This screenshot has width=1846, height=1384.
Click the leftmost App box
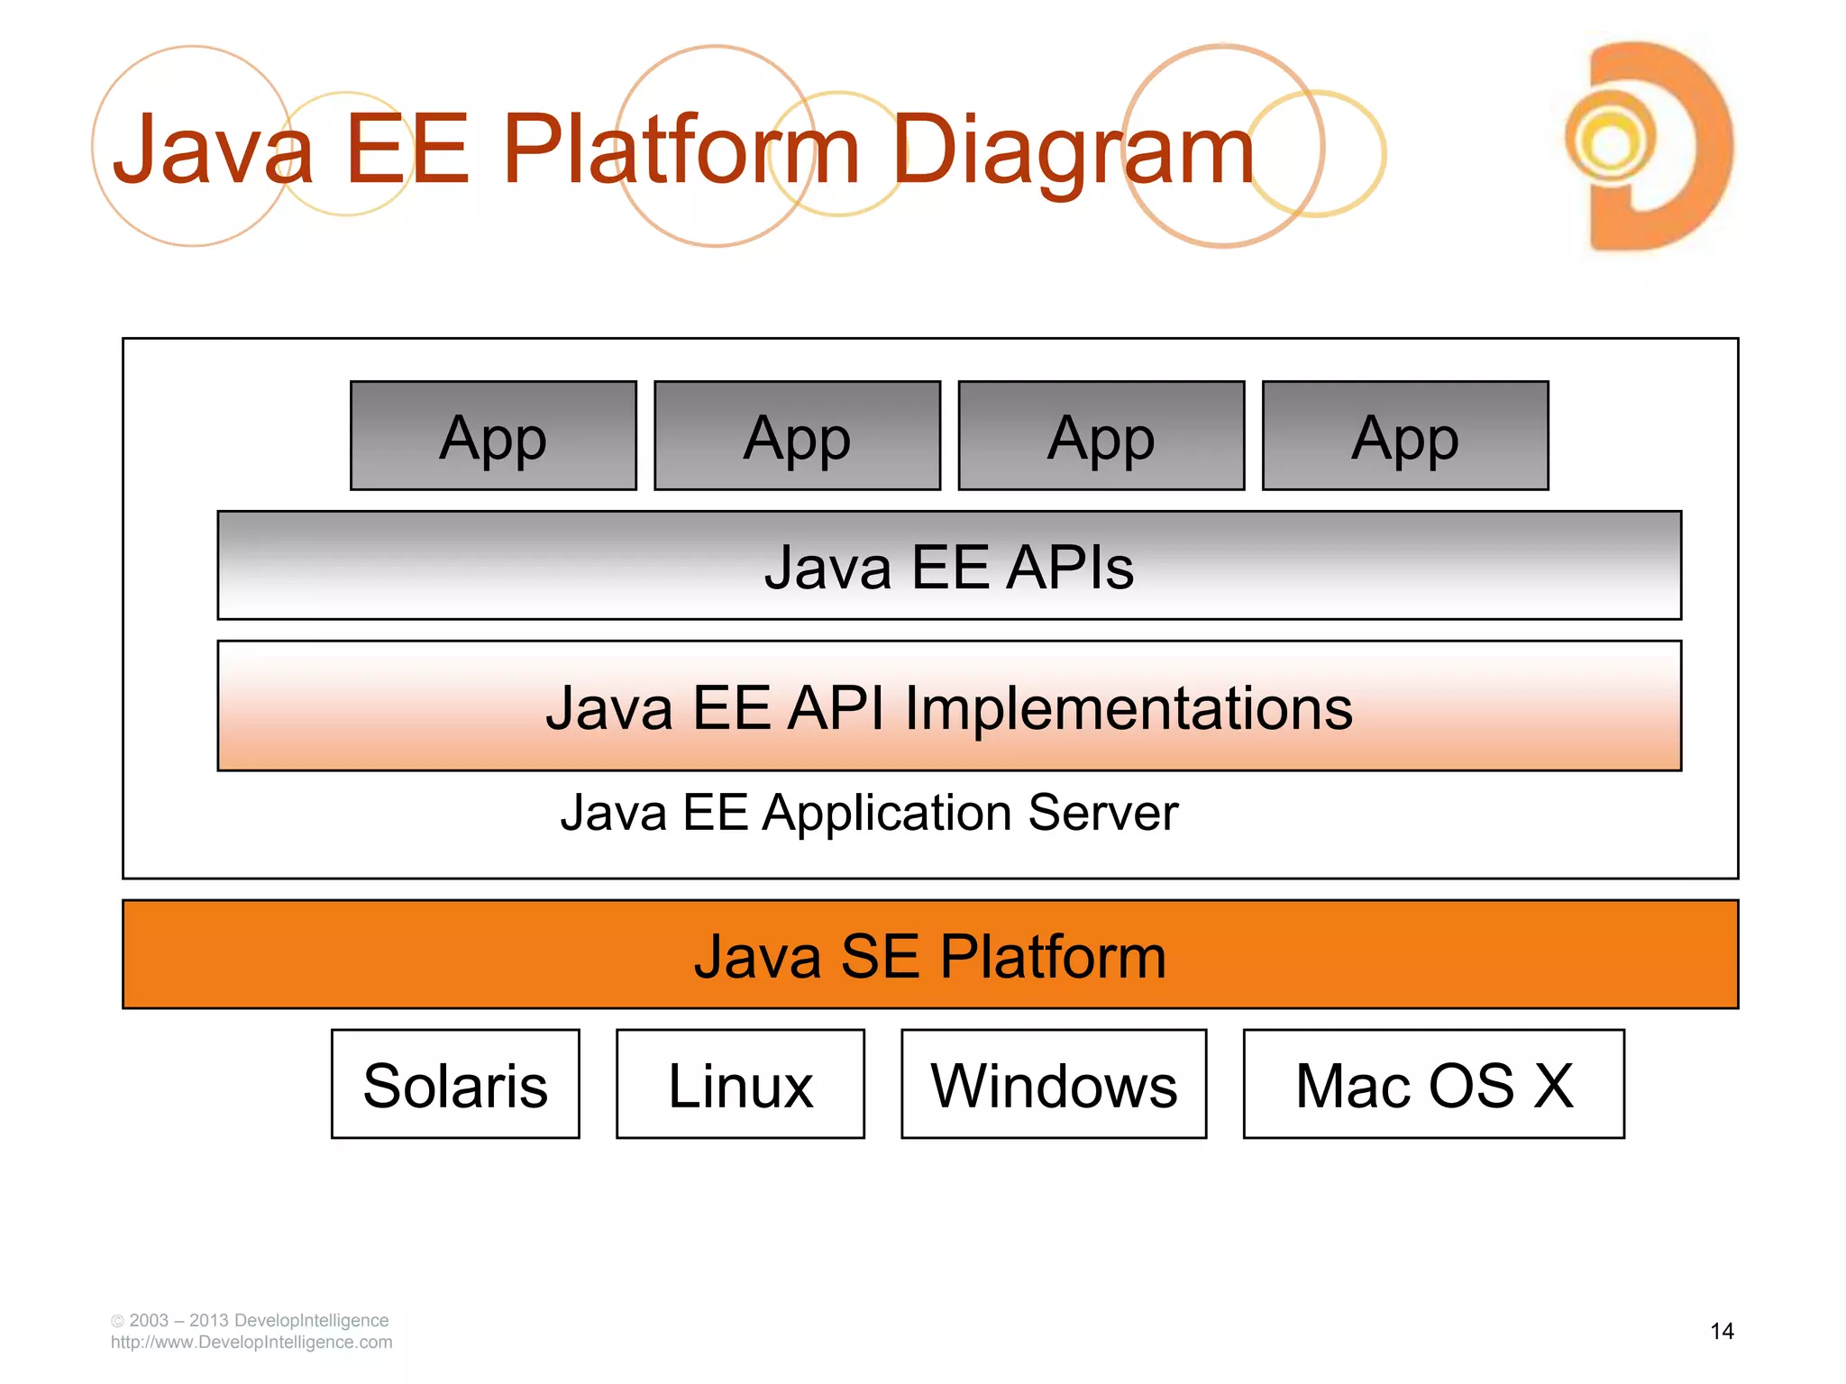(493, 436)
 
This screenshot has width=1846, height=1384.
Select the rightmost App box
(1405, 436)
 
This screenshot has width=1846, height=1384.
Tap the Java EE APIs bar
(949, 566)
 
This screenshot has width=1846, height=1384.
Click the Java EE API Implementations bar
(949, 706)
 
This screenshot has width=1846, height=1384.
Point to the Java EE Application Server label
(869, 813)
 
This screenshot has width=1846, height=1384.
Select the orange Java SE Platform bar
(930, 955)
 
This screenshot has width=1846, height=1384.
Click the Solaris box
(455, 1085)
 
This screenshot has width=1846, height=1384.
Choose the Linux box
(740, 1085)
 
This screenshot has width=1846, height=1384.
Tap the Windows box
(1054, 1085)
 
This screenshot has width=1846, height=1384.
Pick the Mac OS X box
(1434, 1085)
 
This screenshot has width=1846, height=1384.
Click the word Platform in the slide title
(681, 150)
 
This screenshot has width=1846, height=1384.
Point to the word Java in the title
(213, 150)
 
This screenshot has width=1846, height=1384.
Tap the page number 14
(1722, 1332)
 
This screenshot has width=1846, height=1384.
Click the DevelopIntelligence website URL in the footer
(251, 1343)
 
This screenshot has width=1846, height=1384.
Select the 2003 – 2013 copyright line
(250, 1321)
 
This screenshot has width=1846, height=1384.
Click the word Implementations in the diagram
(1129, 708)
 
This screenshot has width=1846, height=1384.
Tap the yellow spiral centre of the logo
(1611, 142)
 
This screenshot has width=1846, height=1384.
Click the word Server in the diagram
(1102, 813)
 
